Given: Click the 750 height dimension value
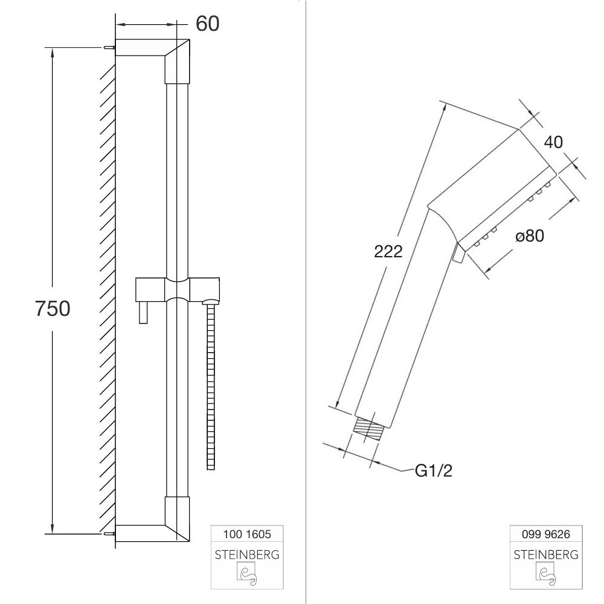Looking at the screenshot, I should click(x=53, y=309).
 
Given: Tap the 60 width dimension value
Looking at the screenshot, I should click(x=208, y=24).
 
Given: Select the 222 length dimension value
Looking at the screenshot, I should click(x=388, y=251).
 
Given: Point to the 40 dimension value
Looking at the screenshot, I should click(x=553, y=142).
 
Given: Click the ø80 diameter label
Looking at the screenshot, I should click(x=530, y=236).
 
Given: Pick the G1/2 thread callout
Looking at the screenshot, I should click(x=433, y=471).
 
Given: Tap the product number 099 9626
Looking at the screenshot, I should click(x=546, y=534).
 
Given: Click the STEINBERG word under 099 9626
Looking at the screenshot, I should click(x=546, y=554).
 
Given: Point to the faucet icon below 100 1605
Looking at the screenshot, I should click(x=246, y=576).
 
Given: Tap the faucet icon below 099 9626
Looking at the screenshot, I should click(x=546, y=574).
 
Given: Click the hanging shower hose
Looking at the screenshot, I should click(x=210, y=387).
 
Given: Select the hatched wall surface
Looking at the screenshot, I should click(x=107, y=290).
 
